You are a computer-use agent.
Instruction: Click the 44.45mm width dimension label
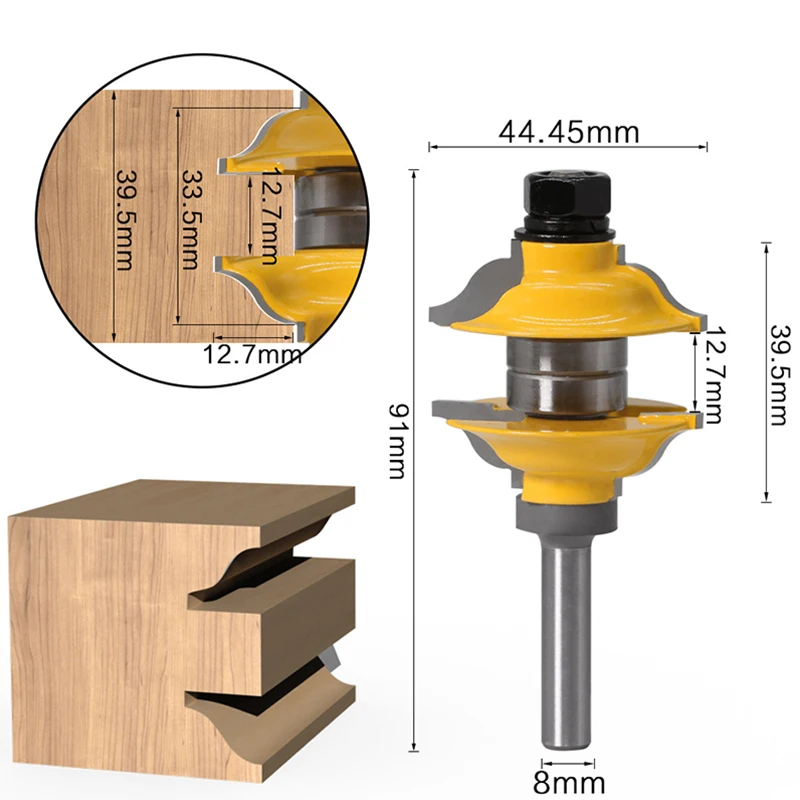[x=567, y=131]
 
